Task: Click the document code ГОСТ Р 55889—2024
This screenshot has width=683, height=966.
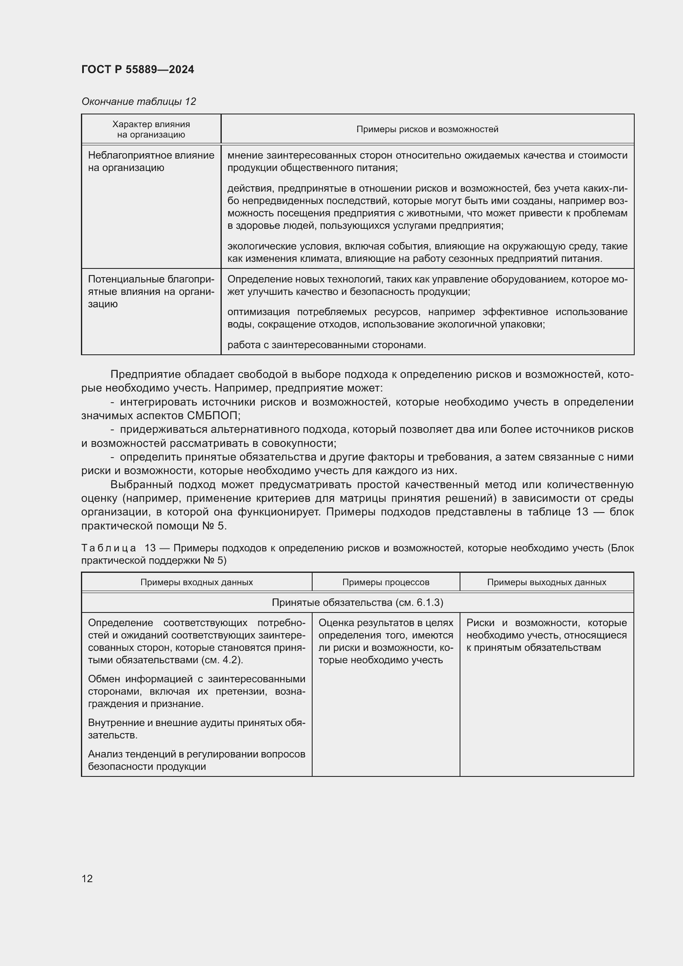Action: tap(138, 69)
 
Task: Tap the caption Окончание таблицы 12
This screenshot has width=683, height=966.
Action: tap(138, 102)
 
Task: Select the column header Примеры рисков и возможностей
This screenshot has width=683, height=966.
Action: tap(427, 129)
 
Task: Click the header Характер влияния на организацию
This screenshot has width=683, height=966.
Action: tap(151, 129)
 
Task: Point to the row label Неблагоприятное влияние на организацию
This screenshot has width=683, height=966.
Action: tap(151, 161)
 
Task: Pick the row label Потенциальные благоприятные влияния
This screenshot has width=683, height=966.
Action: tap(151, 292)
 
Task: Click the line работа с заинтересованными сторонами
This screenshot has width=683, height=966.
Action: tap(326, 345)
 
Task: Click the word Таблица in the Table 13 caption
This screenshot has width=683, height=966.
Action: tap(109, 548)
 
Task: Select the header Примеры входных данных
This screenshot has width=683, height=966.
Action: tap(197, 582)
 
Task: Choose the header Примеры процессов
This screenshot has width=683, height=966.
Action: tap(385, 582)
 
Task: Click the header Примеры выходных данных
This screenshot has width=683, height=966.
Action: tap(546, 582)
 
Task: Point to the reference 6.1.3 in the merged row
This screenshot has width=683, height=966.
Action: tap(428, 603)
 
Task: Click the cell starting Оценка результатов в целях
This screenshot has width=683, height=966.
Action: tap(385, 641)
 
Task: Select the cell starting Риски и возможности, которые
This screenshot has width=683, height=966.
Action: tap(546, 635)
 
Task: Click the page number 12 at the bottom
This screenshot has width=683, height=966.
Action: tap(87, 878)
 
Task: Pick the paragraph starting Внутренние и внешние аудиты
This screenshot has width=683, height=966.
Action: tap(197, 729)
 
